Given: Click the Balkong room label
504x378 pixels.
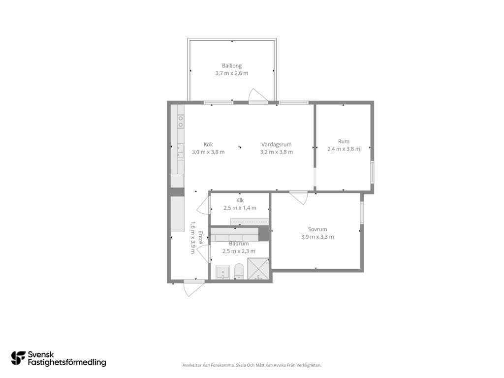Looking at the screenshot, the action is pyautogui.click(x=231, y=66).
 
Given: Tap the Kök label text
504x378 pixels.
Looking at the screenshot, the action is pyautogui.click(x=208, y=145).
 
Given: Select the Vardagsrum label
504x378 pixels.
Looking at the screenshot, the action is pyautogui.click(x=277, y=145).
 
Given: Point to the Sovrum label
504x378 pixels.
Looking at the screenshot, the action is pyautogui.click(x=317, y=229).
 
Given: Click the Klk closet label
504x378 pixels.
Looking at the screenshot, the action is pyautogui.click(x=240, y=200).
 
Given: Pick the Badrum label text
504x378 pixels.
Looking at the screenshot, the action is pyautogui.click(x=239, y=244).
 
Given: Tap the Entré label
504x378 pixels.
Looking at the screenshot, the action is pyautogui.click(x=200, y=238).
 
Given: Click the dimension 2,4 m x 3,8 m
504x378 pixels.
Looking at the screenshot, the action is pyautogui.click(x=344, y=149).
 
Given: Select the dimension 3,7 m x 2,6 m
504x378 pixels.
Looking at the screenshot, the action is pyautogui.click(x=231, y=73).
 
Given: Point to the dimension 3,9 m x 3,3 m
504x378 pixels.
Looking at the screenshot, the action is pyautogui.click(x=317, y=237).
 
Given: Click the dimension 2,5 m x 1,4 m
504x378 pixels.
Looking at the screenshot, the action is pyautogui.click(x=240, y=208).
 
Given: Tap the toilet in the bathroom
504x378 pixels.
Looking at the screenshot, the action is pyautogui.click(x=239, y=272).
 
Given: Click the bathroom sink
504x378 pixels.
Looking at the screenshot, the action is pyautogui.click(x=222, y=273).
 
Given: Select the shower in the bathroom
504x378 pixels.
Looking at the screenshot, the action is pyautogui.click(x=258, y=269).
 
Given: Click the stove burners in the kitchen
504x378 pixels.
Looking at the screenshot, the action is pyautogui.click(x=181, y=121).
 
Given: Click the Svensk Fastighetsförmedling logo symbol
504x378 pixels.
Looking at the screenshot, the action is pyautogui.click(x=18, y=358).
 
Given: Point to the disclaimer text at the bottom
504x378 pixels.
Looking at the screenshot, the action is pyautogui.click(x=252, y=365).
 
